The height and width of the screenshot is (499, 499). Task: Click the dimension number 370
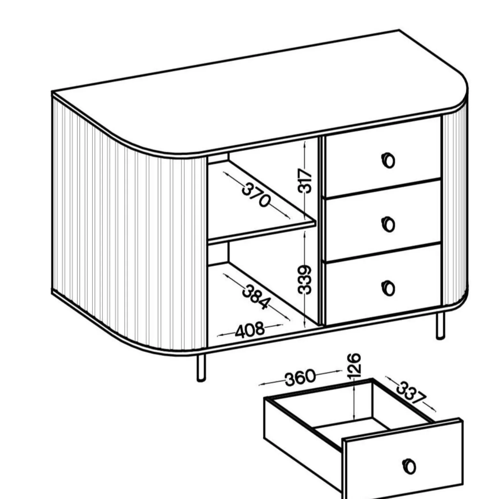pos(256,195)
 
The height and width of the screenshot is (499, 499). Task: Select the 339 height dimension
pos(305,279)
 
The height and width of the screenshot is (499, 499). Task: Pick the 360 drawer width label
pos(300,377)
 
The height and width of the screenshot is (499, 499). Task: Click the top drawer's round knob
pos(388,160)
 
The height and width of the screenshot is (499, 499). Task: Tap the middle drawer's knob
pos(388,224)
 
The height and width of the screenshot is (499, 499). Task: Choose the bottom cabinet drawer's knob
pos(388,288)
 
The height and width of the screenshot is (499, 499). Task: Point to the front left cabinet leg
pos(201,368)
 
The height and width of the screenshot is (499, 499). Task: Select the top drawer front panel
pos(383,156)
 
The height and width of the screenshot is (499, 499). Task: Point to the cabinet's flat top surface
pos(259,93)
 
